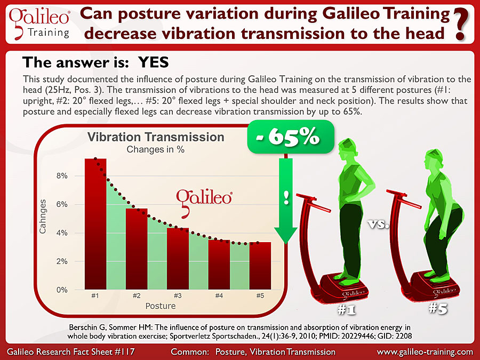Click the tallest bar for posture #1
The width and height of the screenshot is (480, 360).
95,224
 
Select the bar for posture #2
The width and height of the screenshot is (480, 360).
137,249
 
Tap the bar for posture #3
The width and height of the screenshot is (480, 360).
178,259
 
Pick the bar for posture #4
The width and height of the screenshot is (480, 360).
219,265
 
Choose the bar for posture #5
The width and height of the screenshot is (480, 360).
260,266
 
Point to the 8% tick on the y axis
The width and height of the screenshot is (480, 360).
62,176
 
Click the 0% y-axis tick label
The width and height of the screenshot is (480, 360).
62,290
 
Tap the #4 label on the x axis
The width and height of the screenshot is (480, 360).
219,295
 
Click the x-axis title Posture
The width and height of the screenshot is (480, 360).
161,306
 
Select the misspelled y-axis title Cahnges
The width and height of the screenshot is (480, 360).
43,217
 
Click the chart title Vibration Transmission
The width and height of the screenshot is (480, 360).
156,137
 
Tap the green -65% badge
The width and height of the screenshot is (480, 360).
291,137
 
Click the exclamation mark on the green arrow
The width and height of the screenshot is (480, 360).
286,197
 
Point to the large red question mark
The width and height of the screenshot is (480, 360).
461,25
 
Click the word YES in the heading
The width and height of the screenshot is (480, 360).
154,62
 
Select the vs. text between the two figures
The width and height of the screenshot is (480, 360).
378,225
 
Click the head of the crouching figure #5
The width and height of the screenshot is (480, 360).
434,159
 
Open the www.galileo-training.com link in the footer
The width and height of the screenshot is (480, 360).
425,352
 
